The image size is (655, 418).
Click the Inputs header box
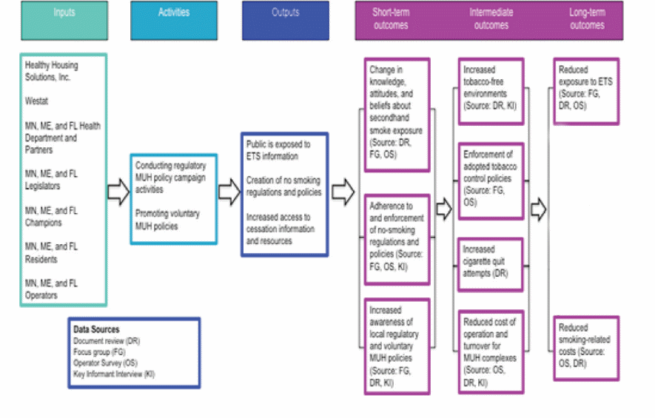point(64,20)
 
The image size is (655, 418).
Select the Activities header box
point(174,20)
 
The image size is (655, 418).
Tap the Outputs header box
point(285,20)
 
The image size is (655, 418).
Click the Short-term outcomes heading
point(390,19)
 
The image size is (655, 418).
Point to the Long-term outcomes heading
point(586,19)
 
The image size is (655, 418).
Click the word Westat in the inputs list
point(37,101)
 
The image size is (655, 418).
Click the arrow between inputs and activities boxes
point(118,193)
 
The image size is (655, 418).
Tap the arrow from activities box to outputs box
point(229,193)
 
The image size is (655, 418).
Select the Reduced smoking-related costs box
point(585,347)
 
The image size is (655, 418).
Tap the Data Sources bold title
point(96,329)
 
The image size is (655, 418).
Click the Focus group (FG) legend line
point(100,352)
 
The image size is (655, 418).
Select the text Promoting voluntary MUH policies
point(169,218)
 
